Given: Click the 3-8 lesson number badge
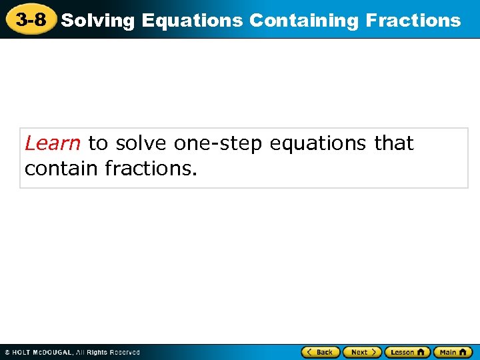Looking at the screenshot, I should (30, 19).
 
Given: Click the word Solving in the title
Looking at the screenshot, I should (99, 21).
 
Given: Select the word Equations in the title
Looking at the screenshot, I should (193, 21).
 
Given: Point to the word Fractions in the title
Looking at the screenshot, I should (413, 21).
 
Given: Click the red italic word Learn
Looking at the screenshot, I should (53, 143).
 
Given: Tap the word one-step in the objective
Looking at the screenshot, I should (218, 143).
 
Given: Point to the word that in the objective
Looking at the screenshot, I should (394, 143).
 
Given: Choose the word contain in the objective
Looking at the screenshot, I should (62, 169).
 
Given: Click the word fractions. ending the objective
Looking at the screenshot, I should (151, 169).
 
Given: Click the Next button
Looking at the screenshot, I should (362, 352).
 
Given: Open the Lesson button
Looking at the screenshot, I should (407, 352).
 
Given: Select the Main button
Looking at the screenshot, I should (453, 352).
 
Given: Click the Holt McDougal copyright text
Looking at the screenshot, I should (72, 352).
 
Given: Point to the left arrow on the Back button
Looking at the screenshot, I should (309, 352).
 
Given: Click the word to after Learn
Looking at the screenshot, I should (97, 143).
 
